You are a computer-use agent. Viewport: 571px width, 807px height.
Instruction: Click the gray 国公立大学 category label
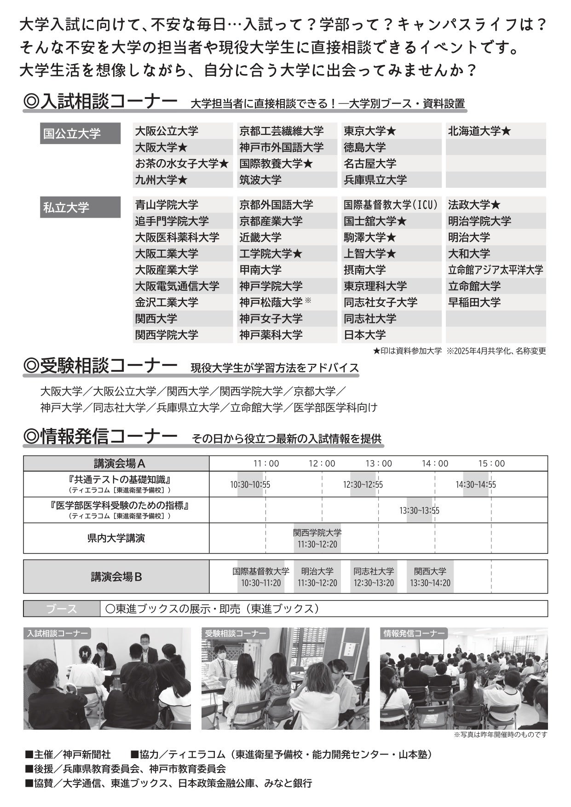pyautogui.click(x=80, y=133)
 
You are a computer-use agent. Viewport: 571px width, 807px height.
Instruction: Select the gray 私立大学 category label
pyautogui.click(x=80, y=207)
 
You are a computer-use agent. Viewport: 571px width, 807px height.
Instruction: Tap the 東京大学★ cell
pyautogui.click(x=370, y=131)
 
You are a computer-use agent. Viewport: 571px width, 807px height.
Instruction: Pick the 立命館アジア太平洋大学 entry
pyautogui.click(x=496, y=270)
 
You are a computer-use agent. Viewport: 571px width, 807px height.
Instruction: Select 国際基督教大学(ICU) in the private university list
pyautogui.click(x=391, y=205)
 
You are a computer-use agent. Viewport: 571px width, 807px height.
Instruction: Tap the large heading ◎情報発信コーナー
pyautogui.click(x=100, y=436)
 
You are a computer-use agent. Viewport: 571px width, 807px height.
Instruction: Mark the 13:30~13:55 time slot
pyautogui.click(x=419, y=510)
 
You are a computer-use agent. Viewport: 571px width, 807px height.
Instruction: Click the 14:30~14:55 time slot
pyautogui.click(x=476, y=484)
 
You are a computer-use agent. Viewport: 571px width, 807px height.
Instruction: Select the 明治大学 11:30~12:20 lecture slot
pyautogui.click(x=317, y=577)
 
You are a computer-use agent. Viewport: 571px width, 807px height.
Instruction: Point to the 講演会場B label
pyautogui.click(x=116, y=576)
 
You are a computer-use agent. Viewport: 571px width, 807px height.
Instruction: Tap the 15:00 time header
pyautogui.click(x=491, y=463)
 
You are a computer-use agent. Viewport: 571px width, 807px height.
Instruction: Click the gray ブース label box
pyautogui.click(x=62, y=609)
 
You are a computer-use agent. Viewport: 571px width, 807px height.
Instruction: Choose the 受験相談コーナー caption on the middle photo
pyautogui.click(x=236, y=634)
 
